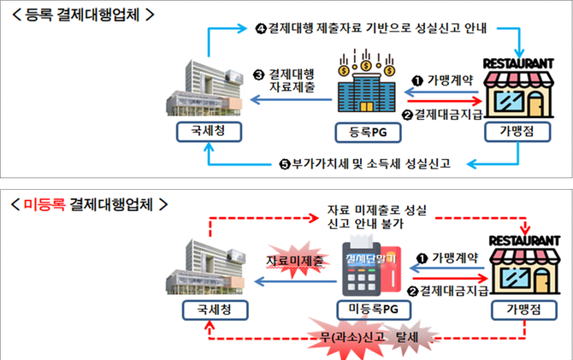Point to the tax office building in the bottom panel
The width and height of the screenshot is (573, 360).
206,261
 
